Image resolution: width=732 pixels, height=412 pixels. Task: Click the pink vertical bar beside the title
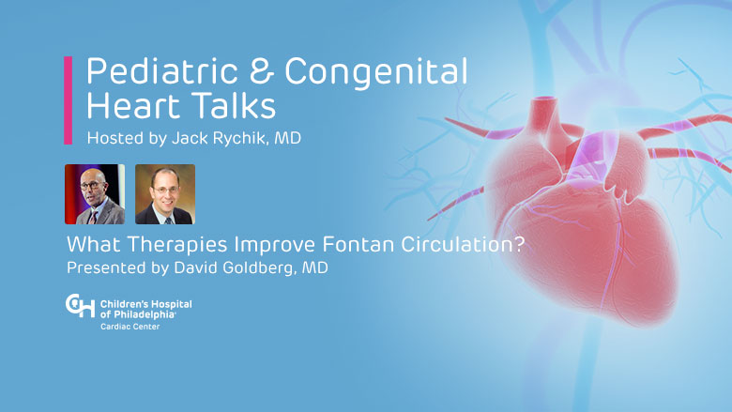click(69, 100)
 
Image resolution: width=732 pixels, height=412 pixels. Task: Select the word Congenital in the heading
click(375, 72)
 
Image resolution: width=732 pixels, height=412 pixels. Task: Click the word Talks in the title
click(235, 105)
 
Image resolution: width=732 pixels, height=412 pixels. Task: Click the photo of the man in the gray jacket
click(95, 194)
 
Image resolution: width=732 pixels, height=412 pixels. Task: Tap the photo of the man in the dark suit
click(165, 194)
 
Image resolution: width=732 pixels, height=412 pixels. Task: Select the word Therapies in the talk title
click(177, 245)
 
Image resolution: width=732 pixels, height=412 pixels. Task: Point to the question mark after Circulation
click(520, 244)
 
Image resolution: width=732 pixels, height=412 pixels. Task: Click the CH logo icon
click(80, 306)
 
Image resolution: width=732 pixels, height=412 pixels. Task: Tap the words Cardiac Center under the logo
click(130, 327)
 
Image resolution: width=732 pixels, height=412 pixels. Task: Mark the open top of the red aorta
click(543, 99)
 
